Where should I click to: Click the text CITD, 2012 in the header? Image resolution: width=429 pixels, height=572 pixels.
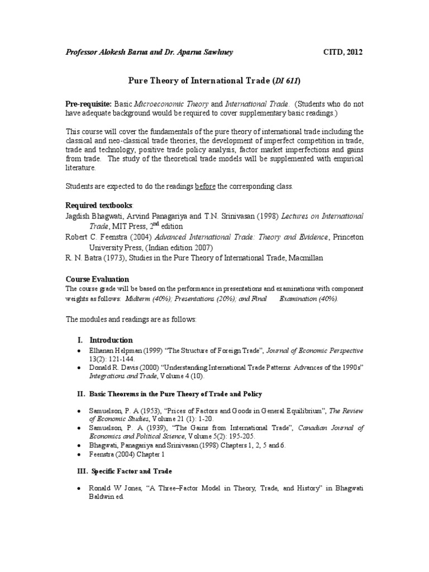(x=343, y=53)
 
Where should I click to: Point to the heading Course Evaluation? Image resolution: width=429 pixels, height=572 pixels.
(x=97, y=279)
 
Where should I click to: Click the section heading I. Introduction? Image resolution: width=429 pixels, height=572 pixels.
(x=104, y=340)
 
